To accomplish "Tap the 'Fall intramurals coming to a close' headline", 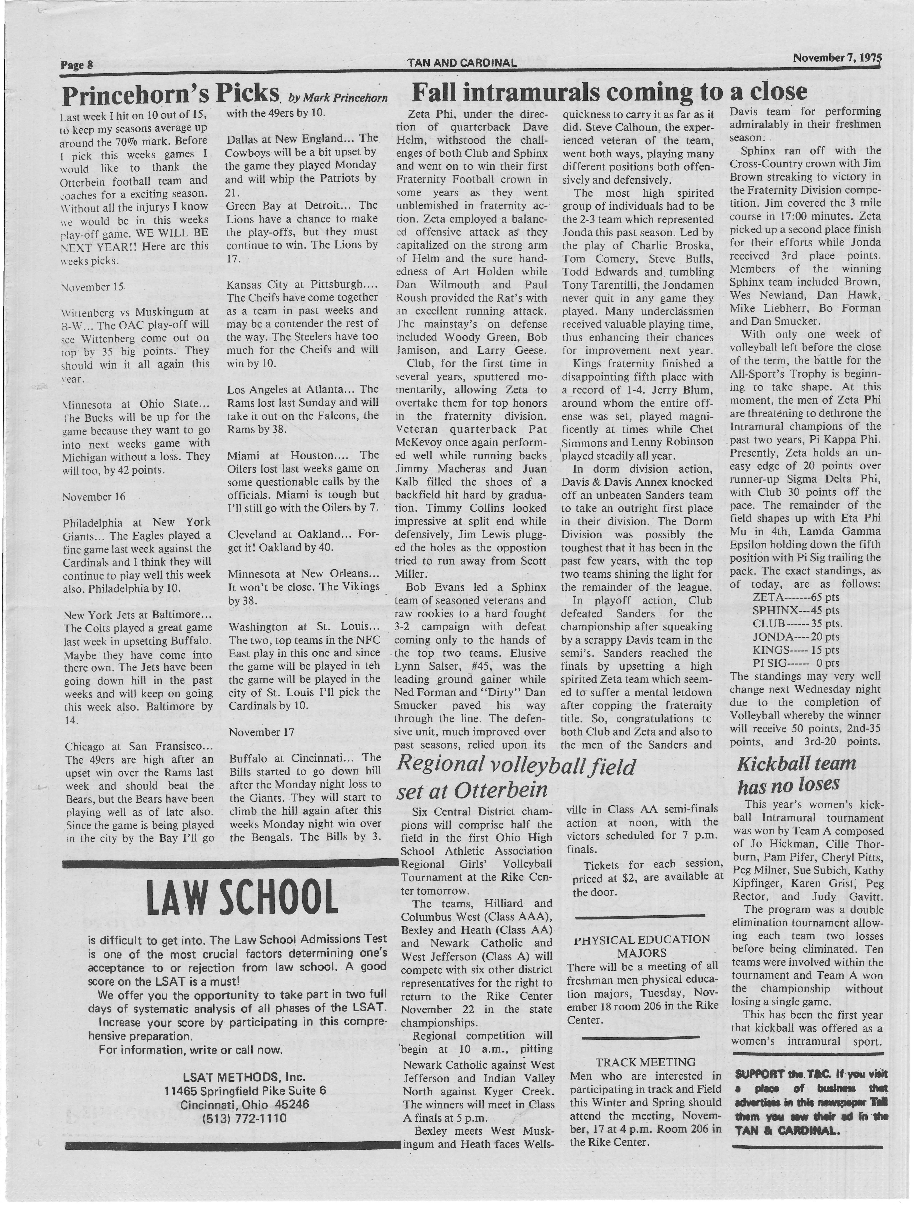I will pyautogui.click(x=609, y=92).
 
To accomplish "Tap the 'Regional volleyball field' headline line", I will pyautogui.click(x=515, y=766).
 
